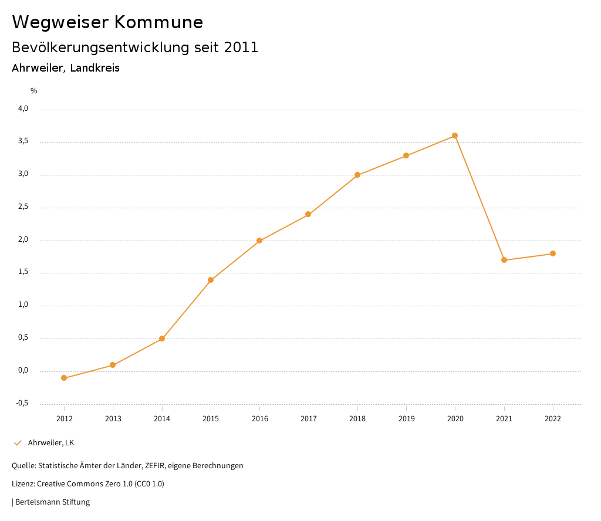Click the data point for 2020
click(x=455, y=136)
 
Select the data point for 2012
click(x=64, y=378)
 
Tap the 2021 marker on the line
click(x=504, y=260)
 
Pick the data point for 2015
click(x=211, y=280)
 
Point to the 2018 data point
click(x=357, y=175)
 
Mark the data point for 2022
click(x=553, y=253)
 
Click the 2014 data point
click(x=162, y=339)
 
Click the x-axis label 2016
click(x=259, y=418)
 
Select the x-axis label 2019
click(x=406, y=418)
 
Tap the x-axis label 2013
click(x=113, y=418)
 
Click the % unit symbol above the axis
click(x=34, y=91)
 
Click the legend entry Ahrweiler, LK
click(x=50, y=442)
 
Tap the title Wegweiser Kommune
click(x=107, y=22)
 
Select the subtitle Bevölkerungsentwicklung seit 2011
click(x=135, y=48)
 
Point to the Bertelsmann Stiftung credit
click(x=52, y=502)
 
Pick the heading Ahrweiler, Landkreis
click(x=66, y=68)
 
